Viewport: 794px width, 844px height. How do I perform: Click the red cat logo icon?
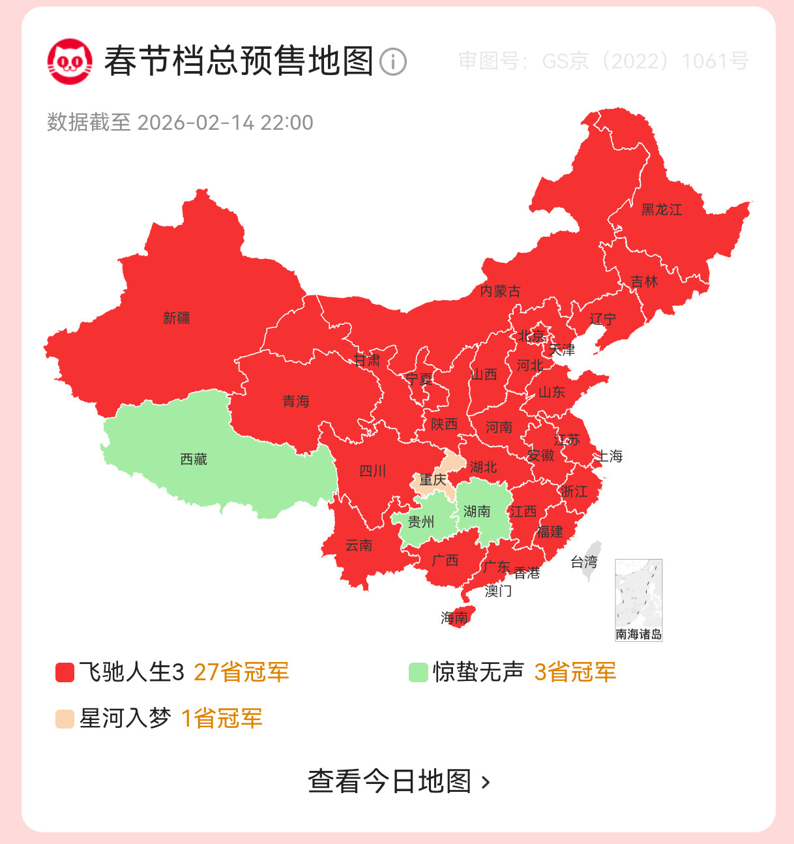69,61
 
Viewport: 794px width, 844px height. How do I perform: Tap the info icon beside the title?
392,62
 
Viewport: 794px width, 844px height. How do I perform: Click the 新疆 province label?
177,318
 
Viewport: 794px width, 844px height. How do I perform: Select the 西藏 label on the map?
194,460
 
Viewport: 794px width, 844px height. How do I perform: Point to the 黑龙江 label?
662,210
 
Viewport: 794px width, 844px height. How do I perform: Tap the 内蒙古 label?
500,291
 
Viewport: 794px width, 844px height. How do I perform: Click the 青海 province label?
296,401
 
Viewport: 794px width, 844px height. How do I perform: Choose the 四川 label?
373,471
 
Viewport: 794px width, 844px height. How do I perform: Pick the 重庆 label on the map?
433,481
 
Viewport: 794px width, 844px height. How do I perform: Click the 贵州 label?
421,522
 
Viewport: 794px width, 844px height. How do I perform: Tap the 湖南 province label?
477,511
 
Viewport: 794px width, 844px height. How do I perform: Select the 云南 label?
359,545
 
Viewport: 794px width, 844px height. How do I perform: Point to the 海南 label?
454,617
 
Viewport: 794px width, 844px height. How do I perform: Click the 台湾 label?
583,562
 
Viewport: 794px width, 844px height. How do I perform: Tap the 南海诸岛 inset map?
638,599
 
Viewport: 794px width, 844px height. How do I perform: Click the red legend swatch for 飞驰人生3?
65,672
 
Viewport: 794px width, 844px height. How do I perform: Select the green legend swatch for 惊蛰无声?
418,672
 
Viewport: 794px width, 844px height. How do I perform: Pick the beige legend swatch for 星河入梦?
65,719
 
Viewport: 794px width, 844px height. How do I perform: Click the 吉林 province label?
644,282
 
